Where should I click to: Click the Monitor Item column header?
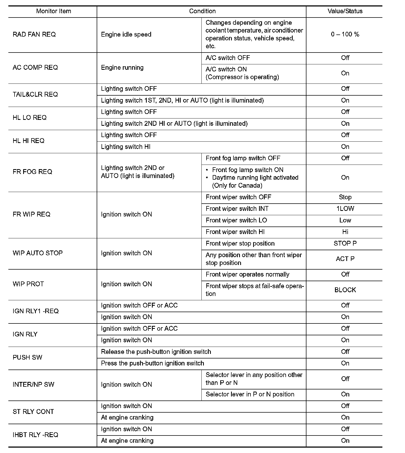[54, 11]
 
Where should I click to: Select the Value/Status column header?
[345, 11]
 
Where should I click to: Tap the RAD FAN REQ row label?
[34, 34]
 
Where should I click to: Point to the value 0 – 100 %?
[345, 34]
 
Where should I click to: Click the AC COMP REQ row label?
[35, 68]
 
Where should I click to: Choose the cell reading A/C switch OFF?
[228, 58]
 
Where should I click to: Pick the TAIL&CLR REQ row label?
[35, 95]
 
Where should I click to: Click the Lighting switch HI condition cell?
[126, 147]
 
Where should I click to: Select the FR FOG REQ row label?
[32, 172]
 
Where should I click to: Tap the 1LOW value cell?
[345, 209]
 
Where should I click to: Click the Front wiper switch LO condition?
[236, 220]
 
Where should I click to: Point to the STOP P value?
[345, 243]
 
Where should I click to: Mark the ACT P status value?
[345, 259]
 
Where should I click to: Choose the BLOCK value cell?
[345, 290]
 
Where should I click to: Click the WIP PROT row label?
[28, 284]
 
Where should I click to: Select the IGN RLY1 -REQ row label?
[36, 311]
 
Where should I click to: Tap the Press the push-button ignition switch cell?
[152, 363]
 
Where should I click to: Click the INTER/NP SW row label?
[33, 385]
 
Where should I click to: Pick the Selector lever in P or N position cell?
[250, 394]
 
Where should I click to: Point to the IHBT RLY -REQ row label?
[35, 435]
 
